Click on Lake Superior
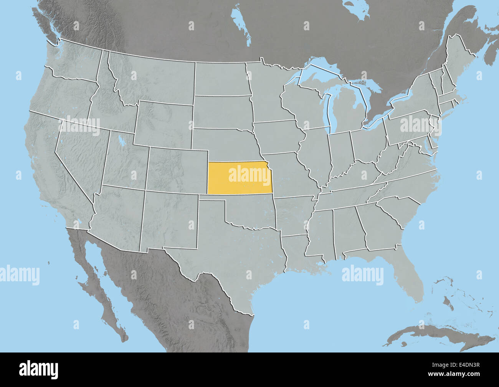(x=322, y=71)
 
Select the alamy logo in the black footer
(x=39, y=369)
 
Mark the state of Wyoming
(x=163, y=123)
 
